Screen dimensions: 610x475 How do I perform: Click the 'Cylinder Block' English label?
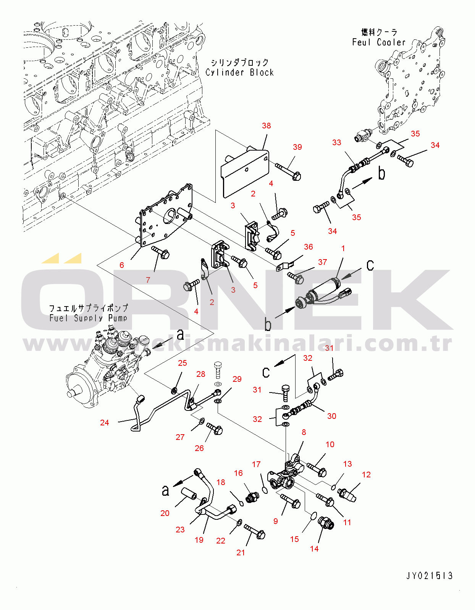click(239, 72)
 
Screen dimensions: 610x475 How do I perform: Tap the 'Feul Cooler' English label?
click(378, 42)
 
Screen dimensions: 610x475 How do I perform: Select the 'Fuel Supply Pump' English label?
click(88, 318)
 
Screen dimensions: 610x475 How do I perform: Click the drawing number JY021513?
click(429, 576)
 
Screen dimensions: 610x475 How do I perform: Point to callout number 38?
click(266, 126)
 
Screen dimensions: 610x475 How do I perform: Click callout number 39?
click(297, 147)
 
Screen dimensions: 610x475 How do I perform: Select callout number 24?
click(104, 422)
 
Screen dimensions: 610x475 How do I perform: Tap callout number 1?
click(343, 248)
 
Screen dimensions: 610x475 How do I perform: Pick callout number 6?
click(121, 265)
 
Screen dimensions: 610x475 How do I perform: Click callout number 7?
click(148, 280)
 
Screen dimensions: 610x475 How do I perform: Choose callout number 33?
click(336, 143)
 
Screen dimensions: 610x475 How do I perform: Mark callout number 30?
click(331, 416)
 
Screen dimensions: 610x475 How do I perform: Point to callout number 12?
click(366, 475)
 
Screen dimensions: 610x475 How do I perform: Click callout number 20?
click(165, 513)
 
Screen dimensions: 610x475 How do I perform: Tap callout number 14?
click(314, 549)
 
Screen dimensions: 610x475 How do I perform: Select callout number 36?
click(308, 247)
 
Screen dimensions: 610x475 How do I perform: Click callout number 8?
click(304, 432)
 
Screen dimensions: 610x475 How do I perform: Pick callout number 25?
click(182, 363)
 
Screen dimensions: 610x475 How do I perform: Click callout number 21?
click(240, 552)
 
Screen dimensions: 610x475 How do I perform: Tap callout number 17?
click(256, 464)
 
